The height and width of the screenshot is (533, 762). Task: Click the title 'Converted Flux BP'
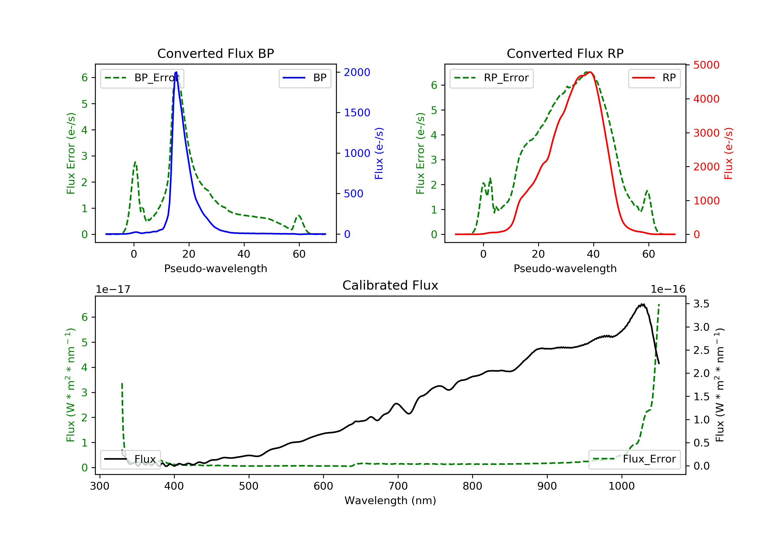pyautogui.click(x=216, y=53)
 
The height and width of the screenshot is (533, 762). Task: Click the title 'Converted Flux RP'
pyautogui.click(x=565, y=53)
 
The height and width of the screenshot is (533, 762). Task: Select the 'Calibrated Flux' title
pyautogui.click(x=390, y=285)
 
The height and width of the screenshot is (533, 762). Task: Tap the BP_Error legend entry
pyautogui.click(x=142, y=78)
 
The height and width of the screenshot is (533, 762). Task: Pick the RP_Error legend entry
pyautogui.click(x=491, y=78)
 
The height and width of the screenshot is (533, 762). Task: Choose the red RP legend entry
pyautogui.click(x=654, y=78)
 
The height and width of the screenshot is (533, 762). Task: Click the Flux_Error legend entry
pyautogui.click(x=634, y=459)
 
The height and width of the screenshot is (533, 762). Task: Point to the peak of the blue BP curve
pyautogui.click(x=176, y=72)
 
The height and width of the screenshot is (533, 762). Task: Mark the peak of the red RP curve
pyautogui.click(x=590, y=72)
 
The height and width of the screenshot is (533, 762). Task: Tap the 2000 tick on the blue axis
pyautogui.click(x=357, y=72)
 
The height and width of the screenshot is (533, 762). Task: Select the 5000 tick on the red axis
pyautogui.click(x=706, y=65)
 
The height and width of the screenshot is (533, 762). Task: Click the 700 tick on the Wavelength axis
pyautogui.click(x=398, y=486)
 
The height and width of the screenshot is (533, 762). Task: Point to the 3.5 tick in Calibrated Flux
pyautogui.click(x=701, y=304)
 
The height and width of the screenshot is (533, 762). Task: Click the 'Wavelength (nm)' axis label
pyautogui.click(x=390, y=501)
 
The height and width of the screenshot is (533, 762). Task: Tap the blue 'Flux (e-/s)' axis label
pyautogui.click(x=379, y=153)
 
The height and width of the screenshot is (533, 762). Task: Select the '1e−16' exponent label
pyautogui.click(x=668, y=289)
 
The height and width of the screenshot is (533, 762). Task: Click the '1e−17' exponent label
pyautogui.click(x=113, y=289)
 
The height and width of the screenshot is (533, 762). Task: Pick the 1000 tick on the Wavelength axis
pyautogui.click(x=622, y=486)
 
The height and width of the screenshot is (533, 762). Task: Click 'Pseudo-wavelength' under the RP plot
pyautogui.click(x=565, y=268)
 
